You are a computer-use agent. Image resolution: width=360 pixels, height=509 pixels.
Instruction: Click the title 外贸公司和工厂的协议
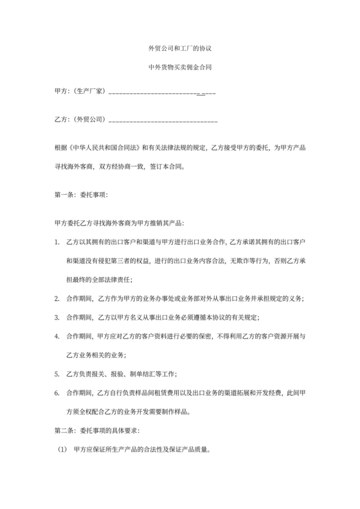(x=179, y=49)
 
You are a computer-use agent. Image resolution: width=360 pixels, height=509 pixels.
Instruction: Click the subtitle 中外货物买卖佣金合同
(x=179, y=67)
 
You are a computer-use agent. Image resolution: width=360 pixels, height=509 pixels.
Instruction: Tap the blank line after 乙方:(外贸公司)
(x=163, y=120)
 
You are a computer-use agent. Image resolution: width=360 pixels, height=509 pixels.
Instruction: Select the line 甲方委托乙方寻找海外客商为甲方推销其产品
(x=120, y=222)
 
